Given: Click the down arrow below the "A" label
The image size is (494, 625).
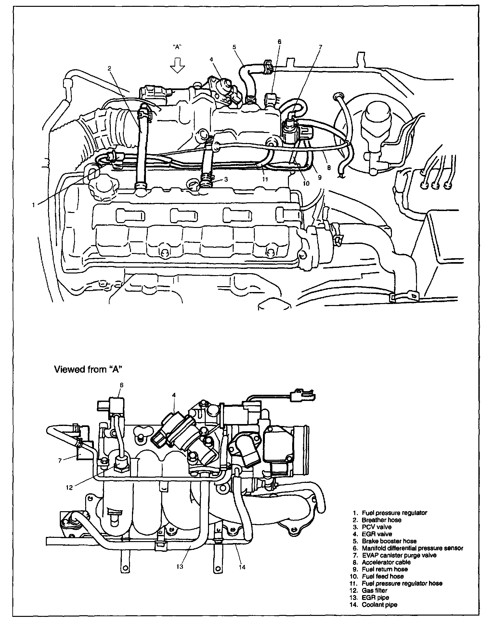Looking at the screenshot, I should click(x=177, y=66).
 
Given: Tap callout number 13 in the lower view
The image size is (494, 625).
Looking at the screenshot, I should click(x=180, y=566).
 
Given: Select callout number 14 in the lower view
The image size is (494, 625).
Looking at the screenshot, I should click(x=242, y=567).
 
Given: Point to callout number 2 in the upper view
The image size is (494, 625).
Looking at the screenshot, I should click(x=110, y=68).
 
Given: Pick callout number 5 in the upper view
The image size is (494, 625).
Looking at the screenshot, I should click(x=234, y=47).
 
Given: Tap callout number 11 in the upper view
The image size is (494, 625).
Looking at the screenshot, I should click(x=265, y=179).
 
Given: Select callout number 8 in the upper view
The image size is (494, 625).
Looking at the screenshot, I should click(x=329, y=168).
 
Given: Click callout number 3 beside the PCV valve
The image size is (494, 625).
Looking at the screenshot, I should click(x=226, y=179).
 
